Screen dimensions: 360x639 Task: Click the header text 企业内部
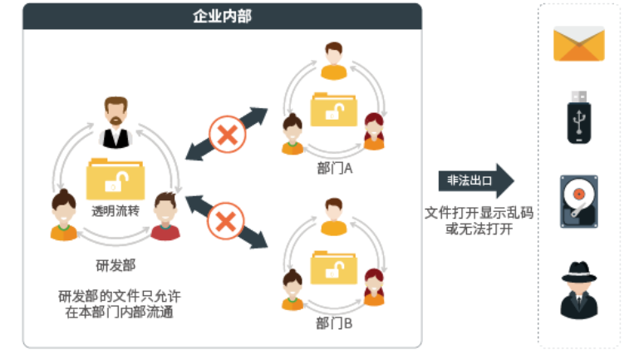pyautogui.click(x=222, y=16)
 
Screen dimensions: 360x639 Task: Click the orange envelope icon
pyautogui.click(x=578, y=44)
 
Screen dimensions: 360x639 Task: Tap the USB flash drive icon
pyautogui.click(x=578, y=116)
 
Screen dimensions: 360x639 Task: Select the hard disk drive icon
pyautogui.click(x=578, y=201)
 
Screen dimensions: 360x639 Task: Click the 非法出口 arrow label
pyautogui.click(x=469, y=181)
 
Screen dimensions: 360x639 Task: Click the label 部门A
pyautogui.click(x=335, y=168)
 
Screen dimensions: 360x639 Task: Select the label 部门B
pyautogui.click(x=335, y=323)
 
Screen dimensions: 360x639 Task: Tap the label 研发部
pyautogui.click(x=116, y=265)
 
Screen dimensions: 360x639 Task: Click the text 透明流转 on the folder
pyautogui.click(x=116, y=211)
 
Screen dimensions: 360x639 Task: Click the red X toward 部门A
pyautogui.click(x=224, y=134)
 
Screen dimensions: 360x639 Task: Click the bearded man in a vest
pyautogui.click(x=116, y=123)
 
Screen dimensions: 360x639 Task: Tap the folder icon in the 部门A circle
pyautogui.click(x=334, y=110)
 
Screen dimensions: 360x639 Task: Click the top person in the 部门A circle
pyautogui.click(x=334, y=61)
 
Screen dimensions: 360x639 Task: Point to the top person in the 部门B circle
pyautogui.click(x=334, y=216)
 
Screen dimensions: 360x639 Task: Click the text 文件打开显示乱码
pyautogui.click(x=478, y=213)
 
